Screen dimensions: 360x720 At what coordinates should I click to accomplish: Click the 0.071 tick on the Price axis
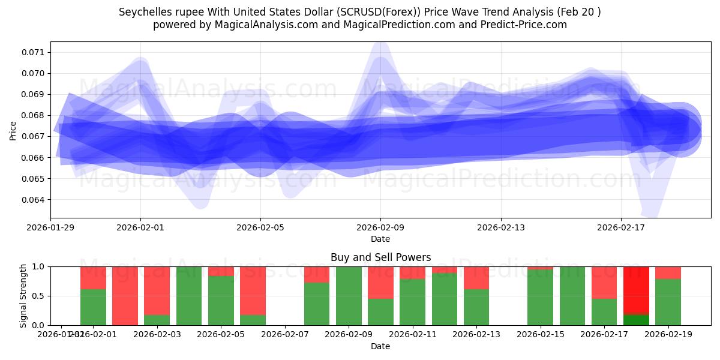[x=34, y=52]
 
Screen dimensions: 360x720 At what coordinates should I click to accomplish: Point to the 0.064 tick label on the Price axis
[x=34, y=200]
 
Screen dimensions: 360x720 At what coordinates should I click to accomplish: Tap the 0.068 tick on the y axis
[x=34, y=115]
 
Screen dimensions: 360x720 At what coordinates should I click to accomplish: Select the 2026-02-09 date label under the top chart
[x=380, y=227]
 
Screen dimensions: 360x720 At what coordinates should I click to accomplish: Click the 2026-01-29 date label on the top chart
[x=50, y=227]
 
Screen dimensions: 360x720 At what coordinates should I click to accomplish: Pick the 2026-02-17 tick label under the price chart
[x=620, y=227]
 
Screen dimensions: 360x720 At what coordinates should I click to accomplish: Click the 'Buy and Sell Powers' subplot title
[x=380, y=257]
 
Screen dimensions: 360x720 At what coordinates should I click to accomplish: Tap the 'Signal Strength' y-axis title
[x=23, y=296]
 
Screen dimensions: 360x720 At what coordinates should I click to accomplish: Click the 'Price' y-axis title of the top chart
[x=13, y=130]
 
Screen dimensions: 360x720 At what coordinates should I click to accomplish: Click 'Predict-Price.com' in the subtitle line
[x=528, y=25]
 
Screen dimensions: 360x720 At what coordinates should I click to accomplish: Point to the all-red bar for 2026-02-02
[x=125, y=296]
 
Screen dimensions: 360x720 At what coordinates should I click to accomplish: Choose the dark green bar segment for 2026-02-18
[x=636, y=320]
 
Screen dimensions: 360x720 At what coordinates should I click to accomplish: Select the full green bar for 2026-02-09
[x=349, y=296]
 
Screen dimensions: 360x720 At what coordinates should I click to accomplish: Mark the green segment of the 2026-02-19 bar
[x=668, y=302]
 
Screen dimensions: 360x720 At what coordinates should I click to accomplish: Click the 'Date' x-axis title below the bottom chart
[x=380, y=346]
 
